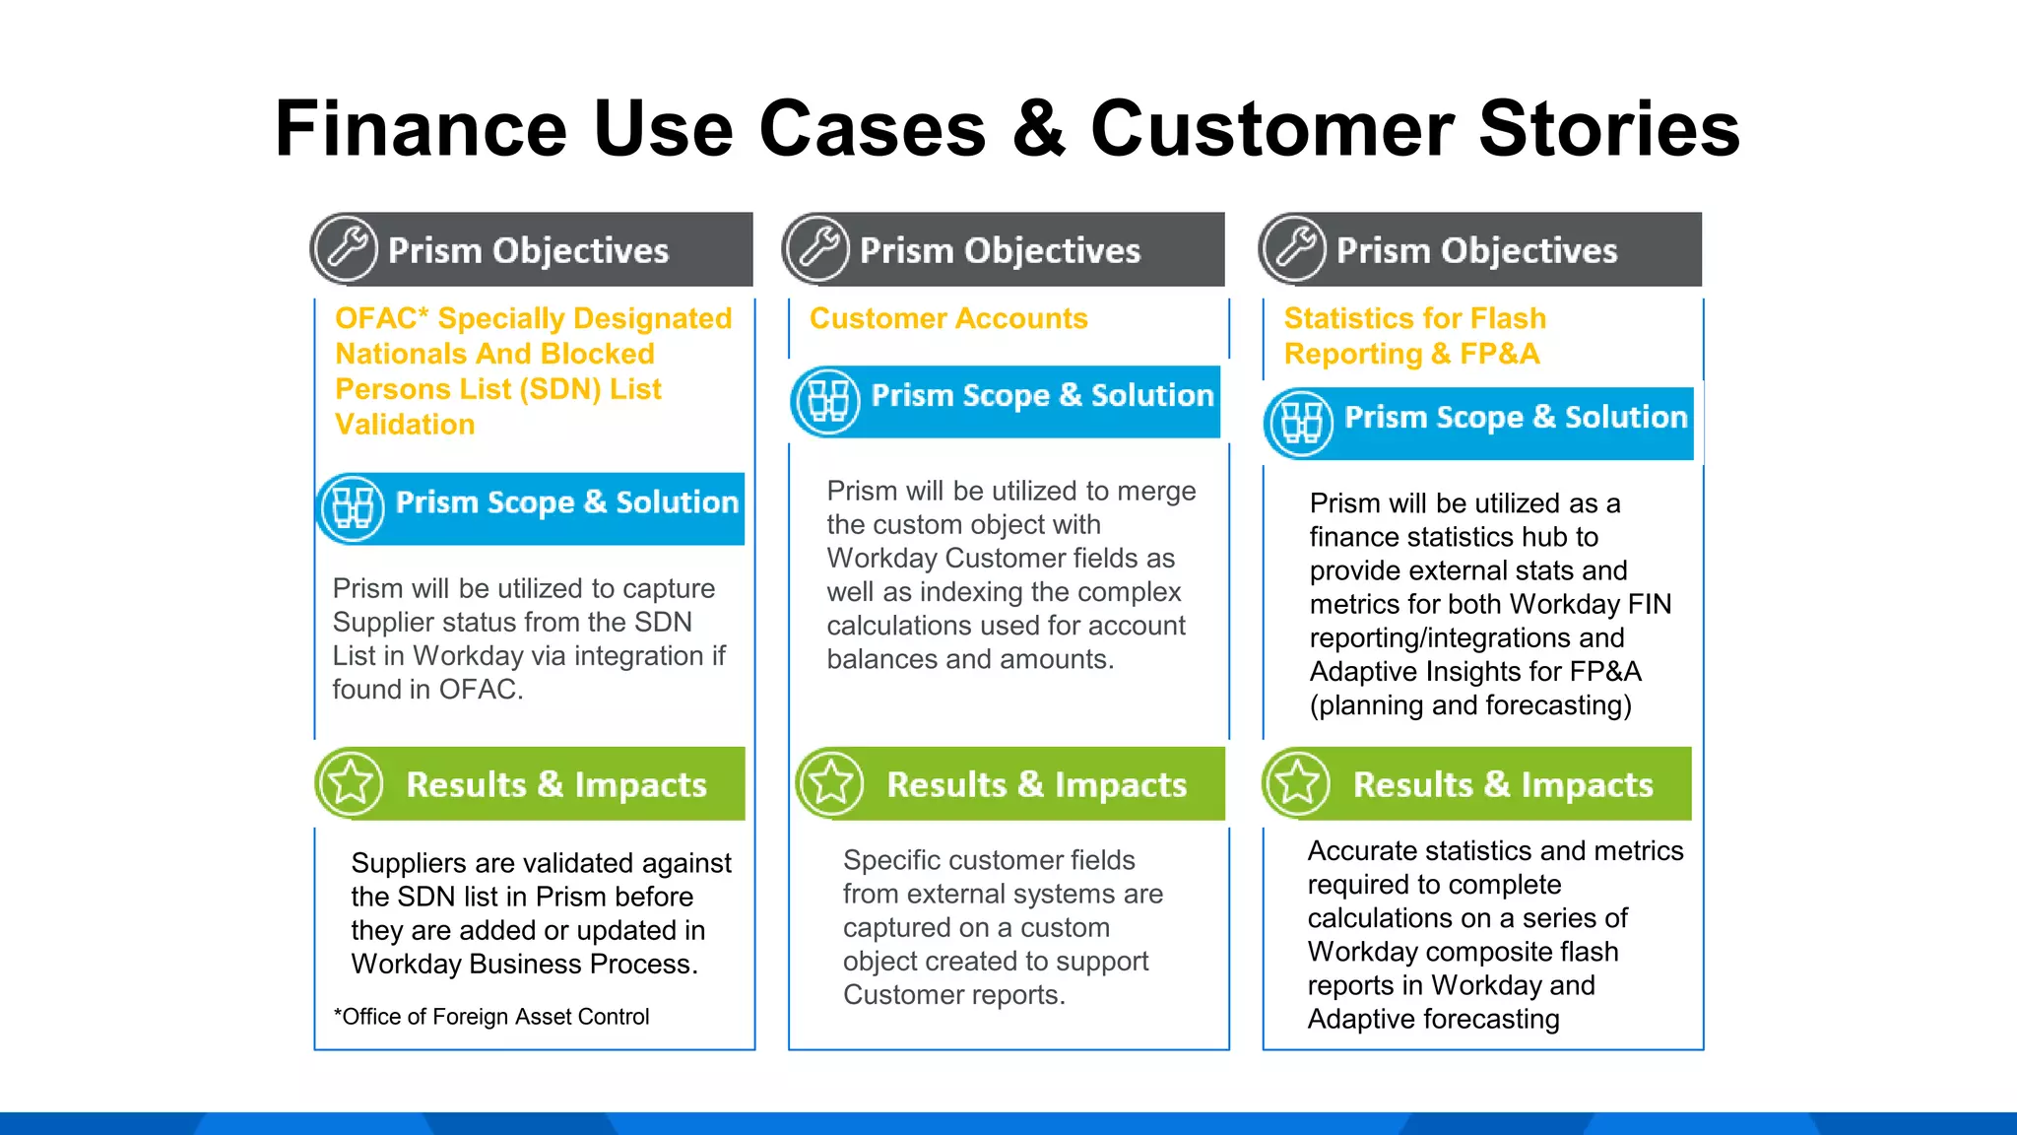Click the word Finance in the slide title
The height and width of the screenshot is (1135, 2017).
coord(421,128)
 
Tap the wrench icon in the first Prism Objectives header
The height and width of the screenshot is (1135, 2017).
coord(346,248)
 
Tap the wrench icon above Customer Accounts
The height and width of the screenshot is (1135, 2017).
coord(817,248)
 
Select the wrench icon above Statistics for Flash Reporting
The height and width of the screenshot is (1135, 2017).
coord(1294,248)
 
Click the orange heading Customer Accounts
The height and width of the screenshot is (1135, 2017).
coord(947,318)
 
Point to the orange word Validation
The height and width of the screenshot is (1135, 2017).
coord(405,425)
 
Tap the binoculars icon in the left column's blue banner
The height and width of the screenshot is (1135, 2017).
coord(352,507)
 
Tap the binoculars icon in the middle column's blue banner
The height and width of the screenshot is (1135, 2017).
coord(826,401)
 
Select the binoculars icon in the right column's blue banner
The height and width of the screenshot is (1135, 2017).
coord(1300,423)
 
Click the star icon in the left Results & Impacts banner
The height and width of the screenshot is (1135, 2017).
coord(351,783)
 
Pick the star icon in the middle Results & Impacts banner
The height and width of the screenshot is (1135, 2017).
coord(831,783)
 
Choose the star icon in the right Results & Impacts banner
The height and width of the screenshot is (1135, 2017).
coord(1297,783)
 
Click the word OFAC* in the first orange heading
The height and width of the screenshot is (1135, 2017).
coord(381,318)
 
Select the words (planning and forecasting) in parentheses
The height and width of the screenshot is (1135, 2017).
coord(1469,705)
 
